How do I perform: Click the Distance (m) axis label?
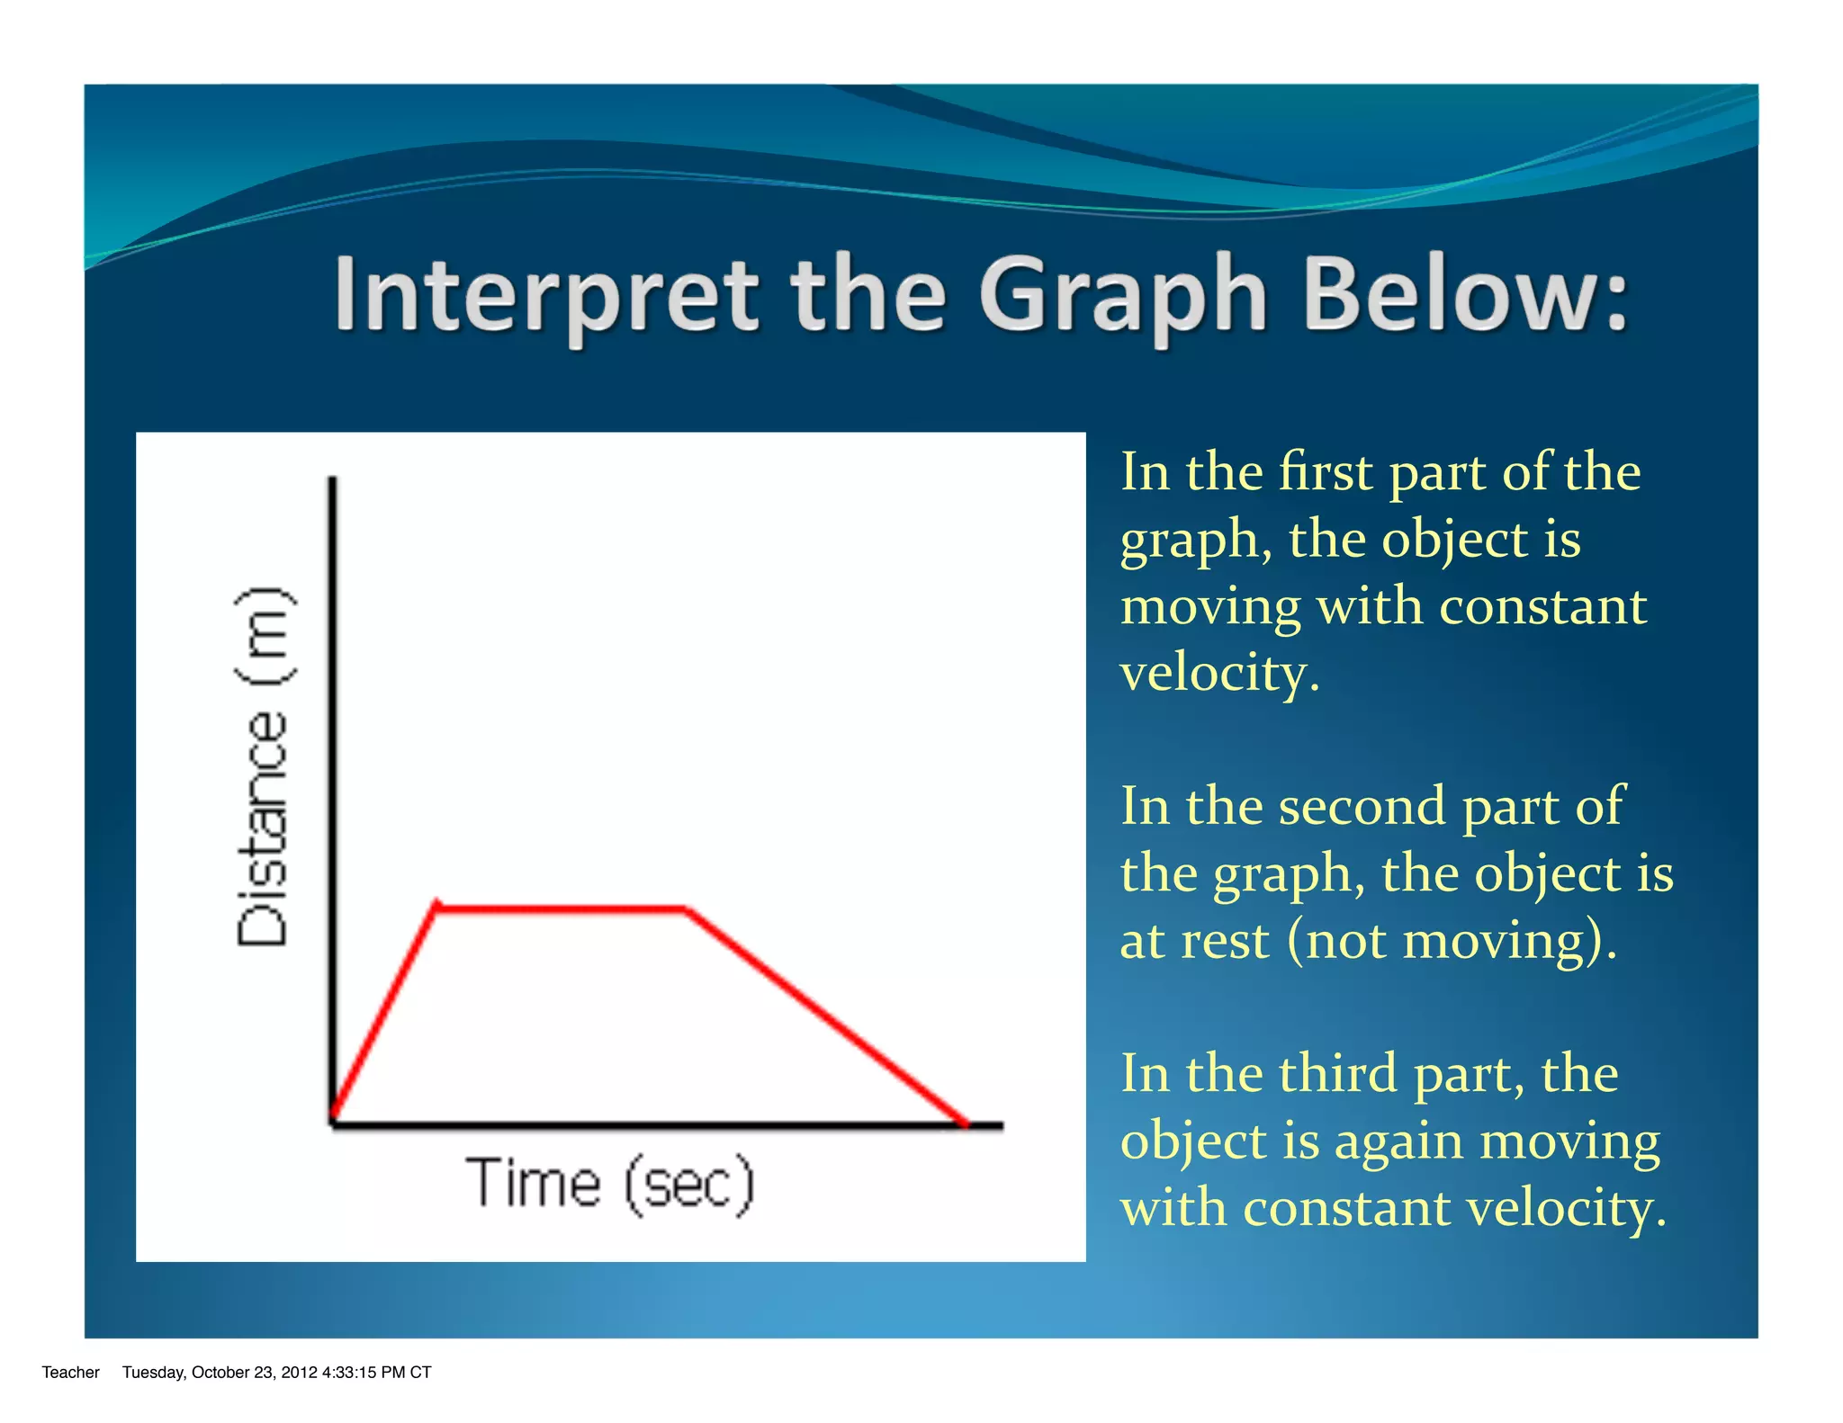point(263,765)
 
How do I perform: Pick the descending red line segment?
point(826,1016)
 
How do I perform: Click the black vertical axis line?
point(333,720)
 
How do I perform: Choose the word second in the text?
point(1360,805)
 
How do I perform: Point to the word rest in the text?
point(1225,941)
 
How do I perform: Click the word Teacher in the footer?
point(70,1372)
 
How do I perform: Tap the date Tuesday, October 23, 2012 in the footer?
point(220,1372)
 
